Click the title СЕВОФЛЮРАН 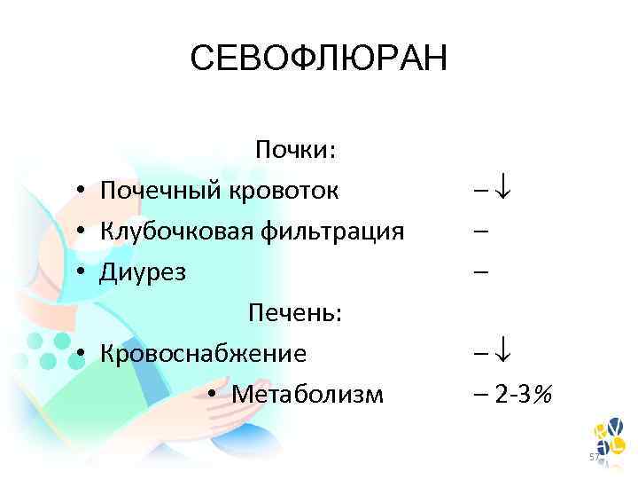click(x=319, y=59)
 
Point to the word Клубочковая click(x=177, y=231)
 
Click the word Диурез click(x=143, y=271)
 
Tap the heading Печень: click(x=296, y=312)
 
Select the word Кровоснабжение click(x=203, y=353)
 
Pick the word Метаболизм click(x=307, y=394)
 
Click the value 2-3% click(x=524, y=394)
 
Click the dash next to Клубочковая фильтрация click(x=479, y=232)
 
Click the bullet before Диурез click(x=80, y=272)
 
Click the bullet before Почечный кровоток click(x=80, y=191)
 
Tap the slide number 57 click(x=595, y=456)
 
